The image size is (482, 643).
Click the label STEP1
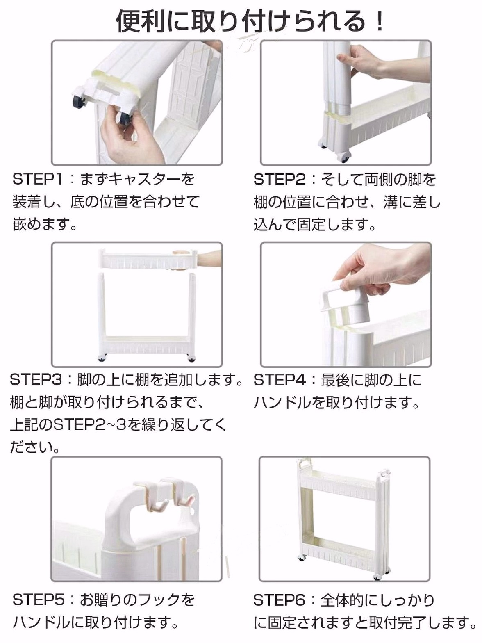click(38, 179)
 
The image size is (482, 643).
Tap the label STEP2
click(279, 179)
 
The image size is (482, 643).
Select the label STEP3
click(36, 380)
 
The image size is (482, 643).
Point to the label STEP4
click(279, 380)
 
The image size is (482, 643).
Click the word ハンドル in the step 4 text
click(282, 403)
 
